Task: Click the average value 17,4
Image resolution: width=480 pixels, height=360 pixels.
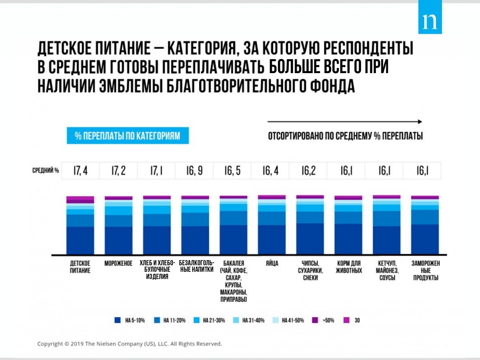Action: pos(80,171)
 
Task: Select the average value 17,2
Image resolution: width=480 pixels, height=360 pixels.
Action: pos(118,171)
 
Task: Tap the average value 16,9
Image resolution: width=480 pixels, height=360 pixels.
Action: pos(195,171)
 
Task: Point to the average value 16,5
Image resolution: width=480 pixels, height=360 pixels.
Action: pos(232,171)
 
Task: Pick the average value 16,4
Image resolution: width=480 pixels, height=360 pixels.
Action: pos(270,171)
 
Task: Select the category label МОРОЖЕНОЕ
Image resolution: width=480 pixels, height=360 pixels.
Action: pos(118,263)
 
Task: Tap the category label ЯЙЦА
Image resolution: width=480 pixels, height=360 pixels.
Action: pos(271,263)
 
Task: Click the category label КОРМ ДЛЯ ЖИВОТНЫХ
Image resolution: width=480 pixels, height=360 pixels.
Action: pos(347,267)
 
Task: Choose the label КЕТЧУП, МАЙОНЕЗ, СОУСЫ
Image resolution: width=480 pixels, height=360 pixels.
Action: pos(385,270)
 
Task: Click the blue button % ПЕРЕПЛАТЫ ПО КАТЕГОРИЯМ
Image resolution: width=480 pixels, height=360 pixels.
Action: pos(127,136)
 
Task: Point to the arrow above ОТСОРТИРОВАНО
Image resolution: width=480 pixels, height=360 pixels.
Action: pos(345,120)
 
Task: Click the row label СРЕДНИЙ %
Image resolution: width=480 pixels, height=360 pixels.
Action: pos(45,171)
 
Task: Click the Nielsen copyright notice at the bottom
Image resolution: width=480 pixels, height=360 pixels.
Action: pos(129,344)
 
